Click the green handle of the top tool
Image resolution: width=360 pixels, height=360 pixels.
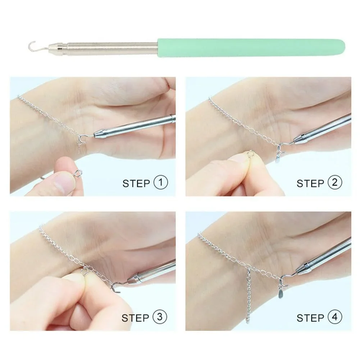251,48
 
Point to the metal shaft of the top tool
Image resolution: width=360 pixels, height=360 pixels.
103,48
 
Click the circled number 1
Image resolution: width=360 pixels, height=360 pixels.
160,183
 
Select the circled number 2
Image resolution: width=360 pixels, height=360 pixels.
335,183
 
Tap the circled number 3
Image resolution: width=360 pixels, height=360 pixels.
160,317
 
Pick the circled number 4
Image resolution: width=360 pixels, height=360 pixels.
335,317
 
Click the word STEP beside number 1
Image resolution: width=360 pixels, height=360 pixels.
136,184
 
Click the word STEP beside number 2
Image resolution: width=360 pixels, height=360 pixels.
310,184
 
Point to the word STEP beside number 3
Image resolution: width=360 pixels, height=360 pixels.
135,318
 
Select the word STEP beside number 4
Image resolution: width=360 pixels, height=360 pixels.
310,318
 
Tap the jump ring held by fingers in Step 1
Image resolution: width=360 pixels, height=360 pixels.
78,173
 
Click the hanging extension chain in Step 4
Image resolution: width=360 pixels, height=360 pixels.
248,296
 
